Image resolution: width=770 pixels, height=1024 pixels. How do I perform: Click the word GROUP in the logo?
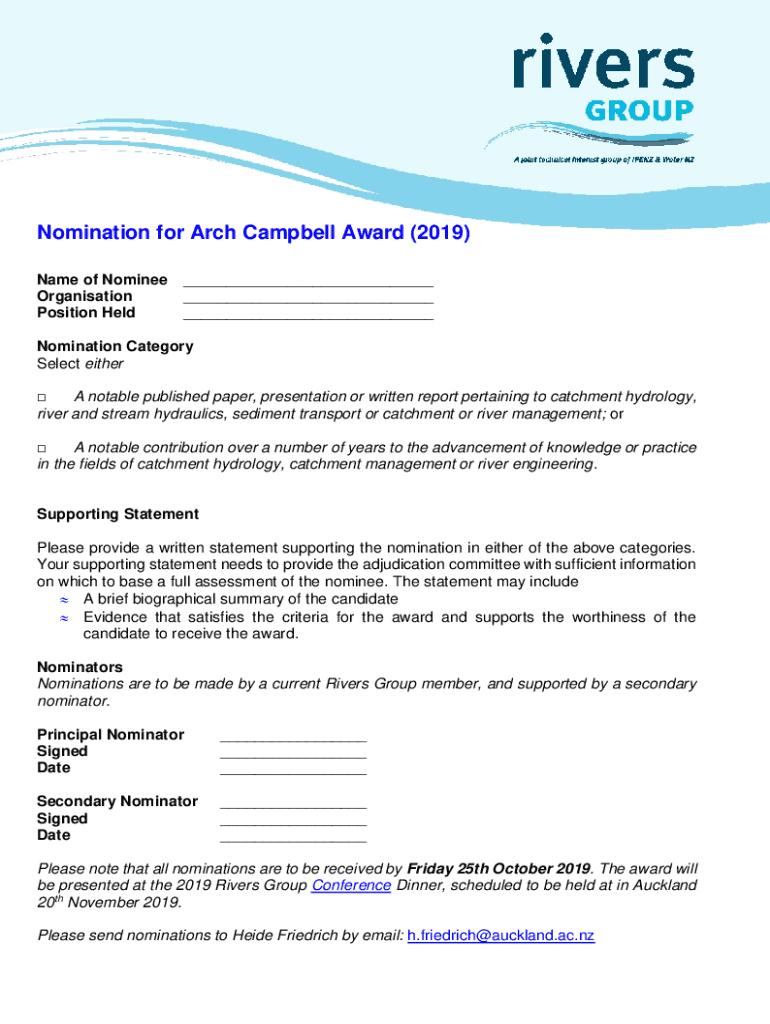tap(638, 110)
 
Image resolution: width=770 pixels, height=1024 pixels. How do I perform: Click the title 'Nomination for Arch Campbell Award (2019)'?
tap(253, 234)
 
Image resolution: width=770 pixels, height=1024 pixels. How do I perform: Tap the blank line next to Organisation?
tap(308, 299)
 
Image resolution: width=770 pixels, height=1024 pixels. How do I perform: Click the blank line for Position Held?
tap(308, 316)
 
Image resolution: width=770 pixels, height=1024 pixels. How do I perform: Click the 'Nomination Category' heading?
tap(115, 347)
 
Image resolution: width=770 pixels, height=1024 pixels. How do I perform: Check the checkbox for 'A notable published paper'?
tap(42, 398)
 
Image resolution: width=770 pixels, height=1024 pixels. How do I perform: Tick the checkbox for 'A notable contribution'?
tap(42, 449)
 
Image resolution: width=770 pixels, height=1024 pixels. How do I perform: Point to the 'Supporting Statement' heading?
tap(118, 514)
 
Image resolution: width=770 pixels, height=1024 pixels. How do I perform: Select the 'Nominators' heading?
tap(80, 667)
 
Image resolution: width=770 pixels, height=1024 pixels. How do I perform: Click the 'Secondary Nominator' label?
tap(117, 802)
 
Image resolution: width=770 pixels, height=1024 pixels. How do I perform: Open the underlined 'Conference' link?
tap(351, 885)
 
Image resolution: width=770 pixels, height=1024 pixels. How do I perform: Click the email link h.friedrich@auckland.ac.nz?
tap(501, 936)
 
